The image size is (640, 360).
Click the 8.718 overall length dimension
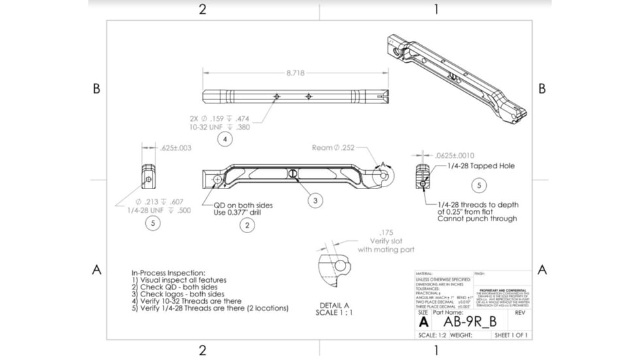(295, 73)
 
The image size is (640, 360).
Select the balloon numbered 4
(224, 139)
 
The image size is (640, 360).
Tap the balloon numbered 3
(315, 200)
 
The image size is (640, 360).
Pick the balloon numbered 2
(247, 226)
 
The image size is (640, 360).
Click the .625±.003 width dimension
(175, 148)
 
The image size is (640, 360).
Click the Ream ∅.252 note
(333, 148)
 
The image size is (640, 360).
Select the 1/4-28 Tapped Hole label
(481, 166)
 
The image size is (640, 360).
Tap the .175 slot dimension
(385, 232)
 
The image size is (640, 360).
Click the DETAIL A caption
(334, 306)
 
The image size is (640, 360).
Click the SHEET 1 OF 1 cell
(511, 335)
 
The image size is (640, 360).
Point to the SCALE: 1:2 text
(432, 335)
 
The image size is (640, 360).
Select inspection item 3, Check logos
(178, 294)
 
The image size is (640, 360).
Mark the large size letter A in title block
(423, 322)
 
